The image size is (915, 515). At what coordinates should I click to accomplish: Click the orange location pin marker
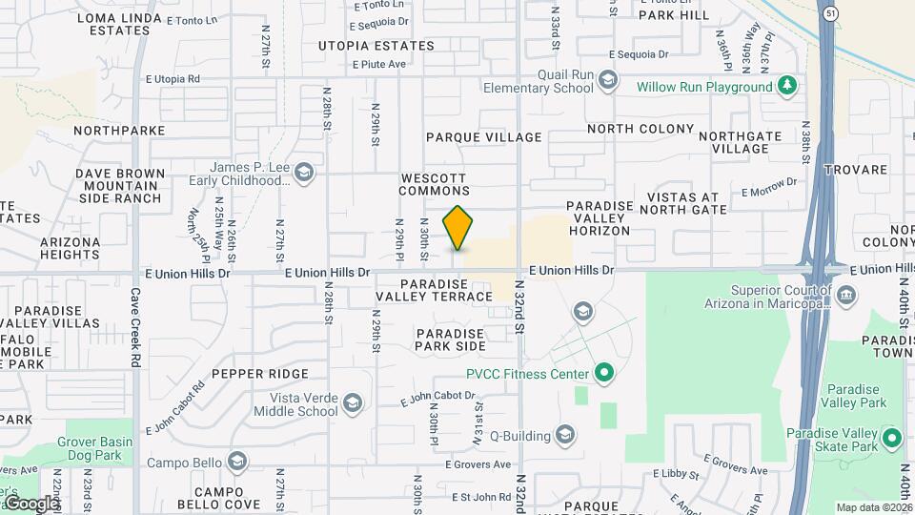(x=458, y=228)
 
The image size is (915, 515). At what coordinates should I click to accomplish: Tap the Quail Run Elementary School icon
(x=607, y=80)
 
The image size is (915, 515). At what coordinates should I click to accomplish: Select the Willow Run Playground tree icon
(x=787, y=87)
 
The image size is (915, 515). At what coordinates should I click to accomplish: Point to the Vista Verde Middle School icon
(x=353, y=403)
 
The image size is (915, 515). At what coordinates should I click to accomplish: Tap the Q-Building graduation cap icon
(x=565, y=436)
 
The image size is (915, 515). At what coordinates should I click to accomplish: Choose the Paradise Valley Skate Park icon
(x=892, y=440)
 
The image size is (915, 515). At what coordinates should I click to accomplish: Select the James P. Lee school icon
(x=303, y=173)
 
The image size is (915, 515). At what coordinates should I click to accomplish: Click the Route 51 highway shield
(x=830, y=13)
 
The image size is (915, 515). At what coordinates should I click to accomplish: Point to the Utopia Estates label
(x=376, y=45)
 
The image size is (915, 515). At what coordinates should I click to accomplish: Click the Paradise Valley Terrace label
(x=434, y=291)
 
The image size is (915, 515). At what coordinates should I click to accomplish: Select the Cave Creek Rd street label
(x=135, y=329)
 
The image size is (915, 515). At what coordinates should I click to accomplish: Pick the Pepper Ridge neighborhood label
(x=260, y=374)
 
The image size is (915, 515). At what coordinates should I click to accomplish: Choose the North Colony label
(x=640, y=129)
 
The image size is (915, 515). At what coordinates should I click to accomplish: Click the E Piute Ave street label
(x=379, y=65)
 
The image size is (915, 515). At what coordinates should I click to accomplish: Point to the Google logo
(x=30, y=503)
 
